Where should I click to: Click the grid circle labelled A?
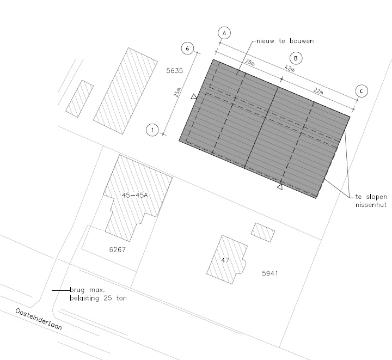click(x=224, y=33)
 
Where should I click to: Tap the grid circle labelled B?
click(x=296, y=58)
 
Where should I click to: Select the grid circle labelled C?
click(x=362, y=91)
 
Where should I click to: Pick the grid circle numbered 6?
click(x=187, y=48)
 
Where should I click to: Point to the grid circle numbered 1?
click(x=152, y=130)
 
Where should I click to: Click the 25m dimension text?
click(x=177, y=92)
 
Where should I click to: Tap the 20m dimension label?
click(x=250, y=62)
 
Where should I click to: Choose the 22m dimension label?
click(x=318, y=91)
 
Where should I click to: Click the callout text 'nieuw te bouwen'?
click(x=285, y=41)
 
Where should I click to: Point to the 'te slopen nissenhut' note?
click(x=371, y=201)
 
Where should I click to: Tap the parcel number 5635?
click(x=175, y=71)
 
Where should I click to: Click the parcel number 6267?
click(x=118, y=249)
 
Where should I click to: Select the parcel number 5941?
click(x=269, y=273)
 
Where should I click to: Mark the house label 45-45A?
click(x=135, y=196)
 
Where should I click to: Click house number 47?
click(x=225, y=260)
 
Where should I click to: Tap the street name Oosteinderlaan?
click(x=39, y=319)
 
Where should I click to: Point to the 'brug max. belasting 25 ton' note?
click(x=98, y=294)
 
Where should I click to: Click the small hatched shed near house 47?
click(x=263, y=232)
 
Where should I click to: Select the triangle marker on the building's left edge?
click(x=194, y=96)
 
